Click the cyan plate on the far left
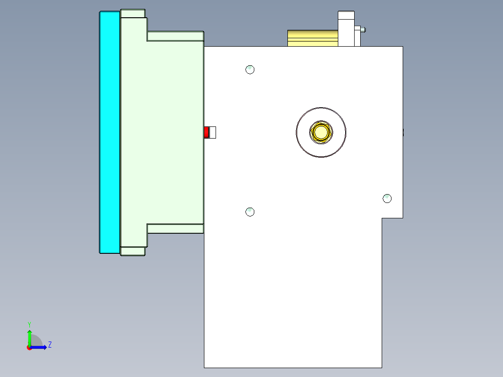(110, 132)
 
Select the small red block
(206, 133)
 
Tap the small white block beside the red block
(213, 133)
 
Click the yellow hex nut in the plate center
(321, 132)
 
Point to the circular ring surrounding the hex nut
(321, 114)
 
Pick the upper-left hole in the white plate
(250, 70)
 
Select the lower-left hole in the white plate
(250, 212)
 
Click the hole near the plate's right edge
(387, 199)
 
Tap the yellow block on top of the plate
(312, 38)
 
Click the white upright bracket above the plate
(346, 29)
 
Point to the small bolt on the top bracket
(363, 29)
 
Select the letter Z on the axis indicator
(49, 345)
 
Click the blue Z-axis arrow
(40, 347)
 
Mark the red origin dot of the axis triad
(29, 348)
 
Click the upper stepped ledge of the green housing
(175, 36)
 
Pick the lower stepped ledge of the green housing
(175, 228)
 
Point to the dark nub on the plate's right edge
(403, 133)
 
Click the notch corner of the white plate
(382, 218)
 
